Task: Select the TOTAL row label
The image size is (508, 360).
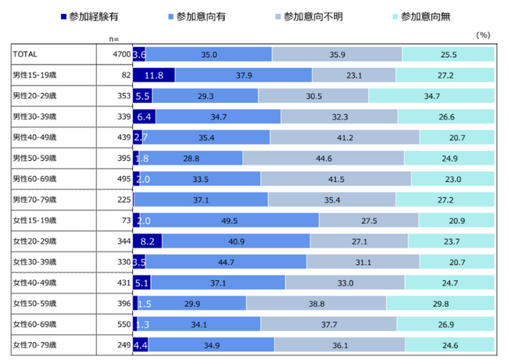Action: (x=27, y=54)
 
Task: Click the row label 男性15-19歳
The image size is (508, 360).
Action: (x=35, y=75)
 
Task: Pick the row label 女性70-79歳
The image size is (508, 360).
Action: (x=35, y=344)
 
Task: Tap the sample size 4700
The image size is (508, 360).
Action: (x=119, y=54)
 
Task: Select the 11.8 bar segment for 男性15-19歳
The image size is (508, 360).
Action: (x=153, y=75)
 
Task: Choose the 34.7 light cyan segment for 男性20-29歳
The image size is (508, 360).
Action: (x=431, y=95)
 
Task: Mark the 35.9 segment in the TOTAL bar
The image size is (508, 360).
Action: (x=337, y=54)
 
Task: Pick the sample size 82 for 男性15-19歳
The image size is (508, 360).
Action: (x=123, y=75)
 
